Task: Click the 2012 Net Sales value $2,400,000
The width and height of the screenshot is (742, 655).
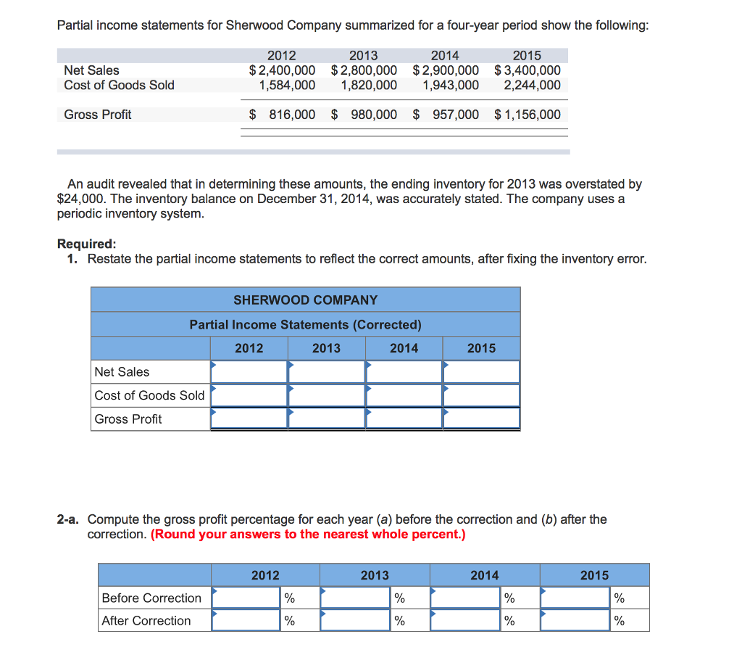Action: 282,70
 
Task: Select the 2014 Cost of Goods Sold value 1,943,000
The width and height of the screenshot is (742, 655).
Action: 451,85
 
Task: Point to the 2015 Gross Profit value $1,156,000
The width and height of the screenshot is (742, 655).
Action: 528,115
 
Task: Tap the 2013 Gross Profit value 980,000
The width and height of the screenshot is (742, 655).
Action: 373,115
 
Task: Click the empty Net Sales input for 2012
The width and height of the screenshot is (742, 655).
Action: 249,371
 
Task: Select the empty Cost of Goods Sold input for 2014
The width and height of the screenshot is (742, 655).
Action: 404,395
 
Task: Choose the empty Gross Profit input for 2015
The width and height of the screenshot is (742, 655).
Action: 482,419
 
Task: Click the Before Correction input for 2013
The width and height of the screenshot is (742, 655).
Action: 356,598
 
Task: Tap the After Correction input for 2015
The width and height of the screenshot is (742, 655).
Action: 575,620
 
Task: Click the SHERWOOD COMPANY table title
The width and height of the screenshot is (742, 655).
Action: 305,300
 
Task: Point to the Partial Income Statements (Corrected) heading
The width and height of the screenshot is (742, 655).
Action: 305,324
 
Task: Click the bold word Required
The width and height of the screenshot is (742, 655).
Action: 86,244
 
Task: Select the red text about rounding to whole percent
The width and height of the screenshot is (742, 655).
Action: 308,535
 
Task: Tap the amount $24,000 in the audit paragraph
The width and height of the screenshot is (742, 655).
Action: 81,198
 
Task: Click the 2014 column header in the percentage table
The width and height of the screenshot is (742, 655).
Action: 484,575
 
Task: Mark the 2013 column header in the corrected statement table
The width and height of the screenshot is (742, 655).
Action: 326,348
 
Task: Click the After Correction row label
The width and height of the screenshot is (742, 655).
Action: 146,620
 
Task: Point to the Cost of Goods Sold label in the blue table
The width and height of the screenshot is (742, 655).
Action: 149,395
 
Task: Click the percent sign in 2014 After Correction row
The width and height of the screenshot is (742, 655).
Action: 509,621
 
